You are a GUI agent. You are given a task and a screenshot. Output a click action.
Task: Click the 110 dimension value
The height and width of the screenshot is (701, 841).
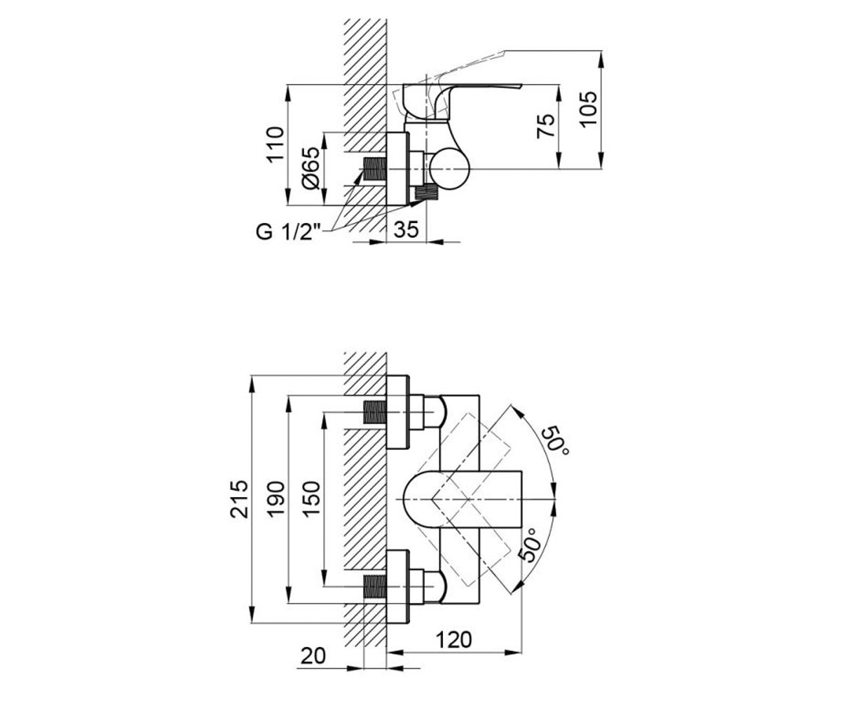[276, 144]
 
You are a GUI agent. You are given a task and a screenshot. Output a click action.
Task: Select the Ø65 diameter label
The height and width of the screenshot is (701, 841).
[311, 168]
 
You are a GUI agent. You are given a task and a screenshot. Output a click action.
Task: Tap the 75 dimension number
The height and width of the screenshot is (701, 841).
[546, 126]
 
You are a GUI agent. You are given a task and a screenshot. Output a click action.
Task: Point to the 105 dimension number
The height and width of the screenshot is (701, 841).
[589, 109]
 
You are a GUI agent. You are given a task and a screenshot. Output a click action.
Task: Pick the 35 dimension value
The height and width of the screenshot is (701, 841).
[406, 230]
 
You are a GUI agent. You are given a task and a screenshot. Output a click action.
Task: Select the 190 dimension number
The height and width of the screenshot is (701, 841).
[276, 498]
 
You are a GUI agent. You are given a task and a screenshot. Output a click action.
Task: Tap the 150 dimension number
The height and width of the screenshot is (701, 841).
[311, 498]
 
